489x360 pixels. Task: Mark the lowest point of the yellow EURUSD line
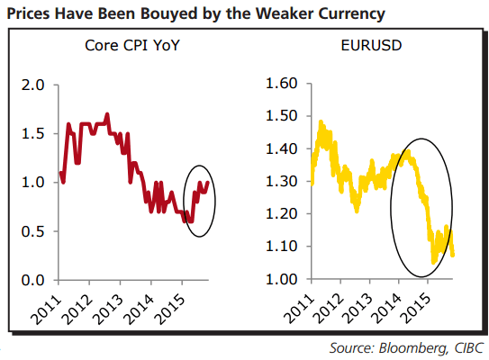pos(434,262)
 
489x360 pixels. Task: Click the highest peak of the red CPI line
pos(108,114)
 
